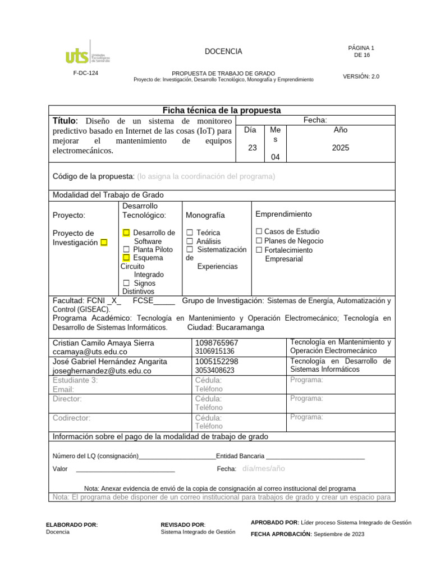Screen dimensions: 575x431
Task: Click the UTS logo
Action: [x=88, y=55]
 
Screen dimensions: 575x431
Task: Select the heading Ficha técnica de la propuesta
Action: [x=222, y=110]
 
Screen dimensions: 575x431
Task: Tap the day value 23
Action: [x=252, y=148]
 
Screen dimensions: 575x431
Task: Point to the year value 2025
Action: [x=340, y=148]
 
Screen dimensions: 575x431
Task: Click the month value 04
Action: [x=275, y=157]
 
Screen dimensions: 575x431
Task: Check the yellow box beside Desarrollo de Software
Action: [x=126, y=232]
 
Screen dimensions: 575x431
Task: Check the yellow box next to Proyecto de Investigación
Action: [x=104, y=243]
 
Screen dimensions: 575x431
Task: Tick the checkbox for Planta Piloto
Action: [x=126, y=249]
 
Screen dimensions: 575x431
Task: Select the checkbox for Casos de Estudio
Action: [x=259, y=231]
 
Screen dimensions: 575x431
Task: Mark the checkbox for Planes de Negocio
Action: [x=259, y=241]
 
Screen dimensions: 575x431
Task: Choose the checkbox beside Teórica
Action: [x=190, y=232]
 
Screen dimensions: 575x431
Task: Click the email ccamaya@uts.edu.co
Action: [x=88, y=352]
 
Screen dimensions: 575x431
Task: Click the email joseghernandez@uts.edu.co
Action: [x=102, y=371]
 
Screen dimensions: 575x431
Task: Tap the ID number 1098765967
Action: [x=217, y=343]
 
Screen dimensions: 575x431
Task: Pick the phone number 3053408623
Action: [x=215, y=371]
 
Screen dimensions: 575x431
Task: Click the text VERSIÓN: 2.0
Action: [x=361, y=76]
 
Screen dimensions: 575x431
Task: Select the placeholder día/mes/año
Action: [x=264, y=468]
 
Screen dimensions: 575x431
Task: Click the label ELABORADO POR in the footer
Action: [x=71, y=524]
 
